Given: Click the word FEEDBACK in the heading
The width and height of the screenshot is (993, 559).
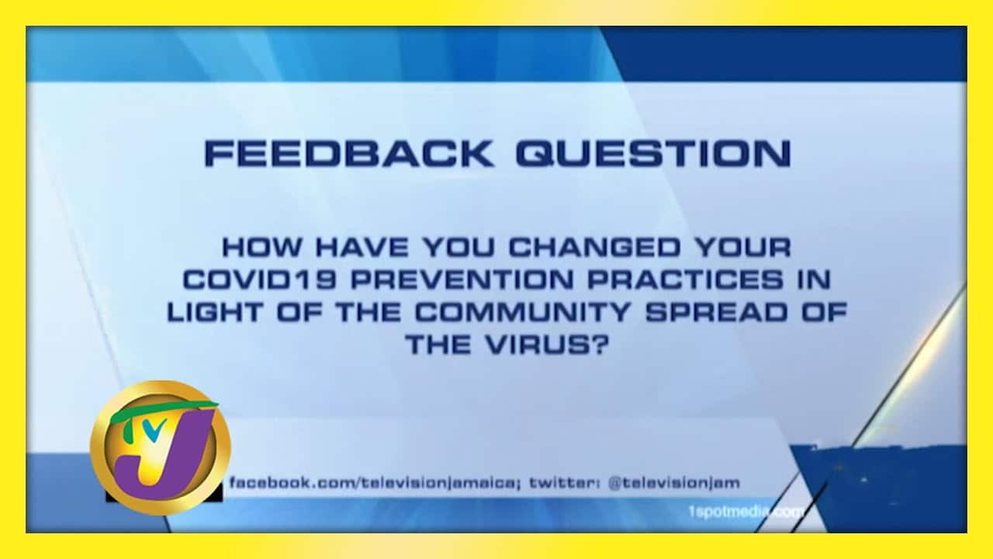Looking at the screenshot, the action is (348, 154).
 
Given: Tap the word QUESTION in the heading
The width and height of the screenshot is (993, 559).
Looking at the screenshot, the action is (653, 154).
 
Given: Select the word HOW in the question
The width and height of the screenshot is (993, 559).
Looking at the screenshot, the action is (261, 247).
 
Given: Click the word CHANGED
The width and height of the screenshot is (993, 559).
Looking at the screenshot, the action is (594, 247).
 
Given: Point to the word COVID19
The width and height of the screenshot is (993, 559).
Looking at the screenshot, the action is (260, 280).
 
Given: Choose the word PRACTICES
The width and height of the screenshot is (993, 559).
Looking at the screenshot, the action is (686, 280).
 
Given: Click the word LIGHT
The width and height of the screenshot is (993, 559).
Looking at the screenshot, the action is (216, 312).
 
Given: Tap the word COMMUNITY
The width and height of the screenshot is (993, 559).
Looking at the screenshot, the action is (523, 312).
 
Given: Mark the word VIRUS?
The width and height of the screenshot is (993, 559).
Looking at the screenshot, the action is (546, 344).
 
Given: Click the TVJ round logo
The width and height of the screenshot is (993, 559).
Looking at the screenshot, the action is (161, 448).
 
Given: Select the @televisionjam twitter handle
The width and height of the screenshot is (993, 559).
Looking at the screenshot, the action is (674, 483).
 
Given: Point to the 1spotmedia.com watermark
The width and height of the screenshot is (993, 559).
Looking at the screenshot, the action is (746, 512).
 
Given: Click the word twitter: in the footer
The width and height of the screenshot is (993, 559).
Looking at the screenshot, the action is (566, 483).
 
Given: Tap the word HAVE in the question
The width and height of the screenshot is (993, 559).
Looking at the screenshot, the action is (362, 247).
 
